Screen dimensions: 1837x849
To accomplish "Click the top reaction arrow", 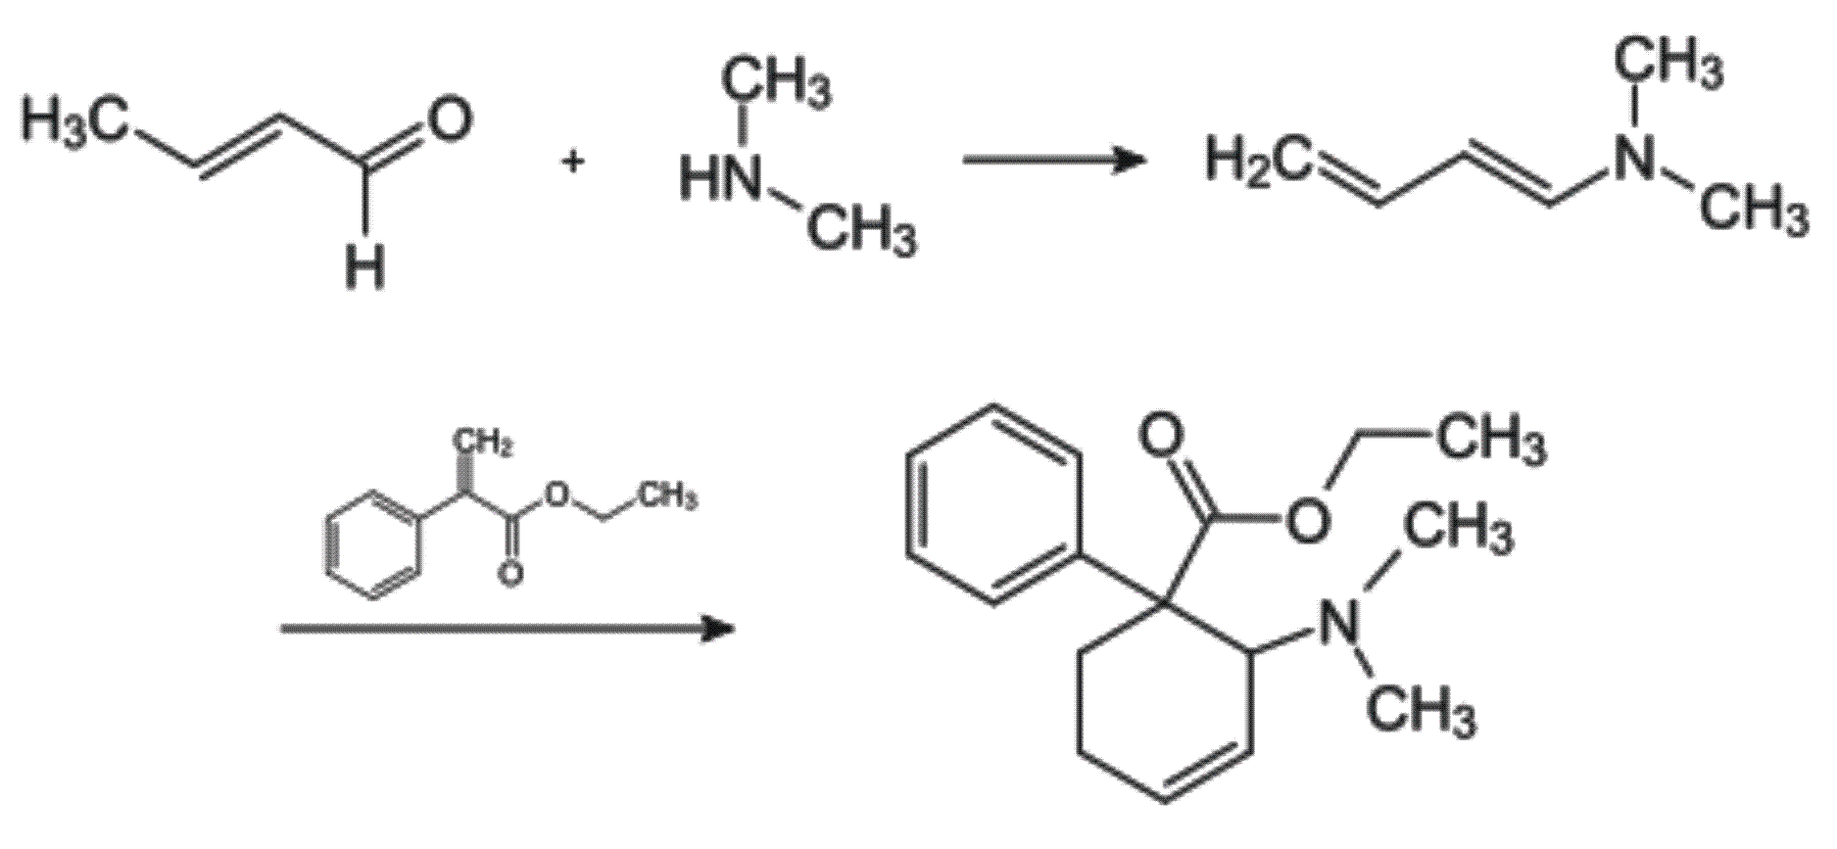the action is (x=1055, y=160).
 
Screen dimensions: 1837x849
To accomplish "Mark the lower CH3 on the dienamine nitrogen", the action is (x=1754, y=210).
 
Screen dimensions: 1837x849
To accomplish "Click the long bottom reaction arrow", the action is (x=508, y=629).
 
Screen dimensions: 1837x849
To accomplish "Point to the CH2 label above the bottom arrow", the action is (x=484, y=447).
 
